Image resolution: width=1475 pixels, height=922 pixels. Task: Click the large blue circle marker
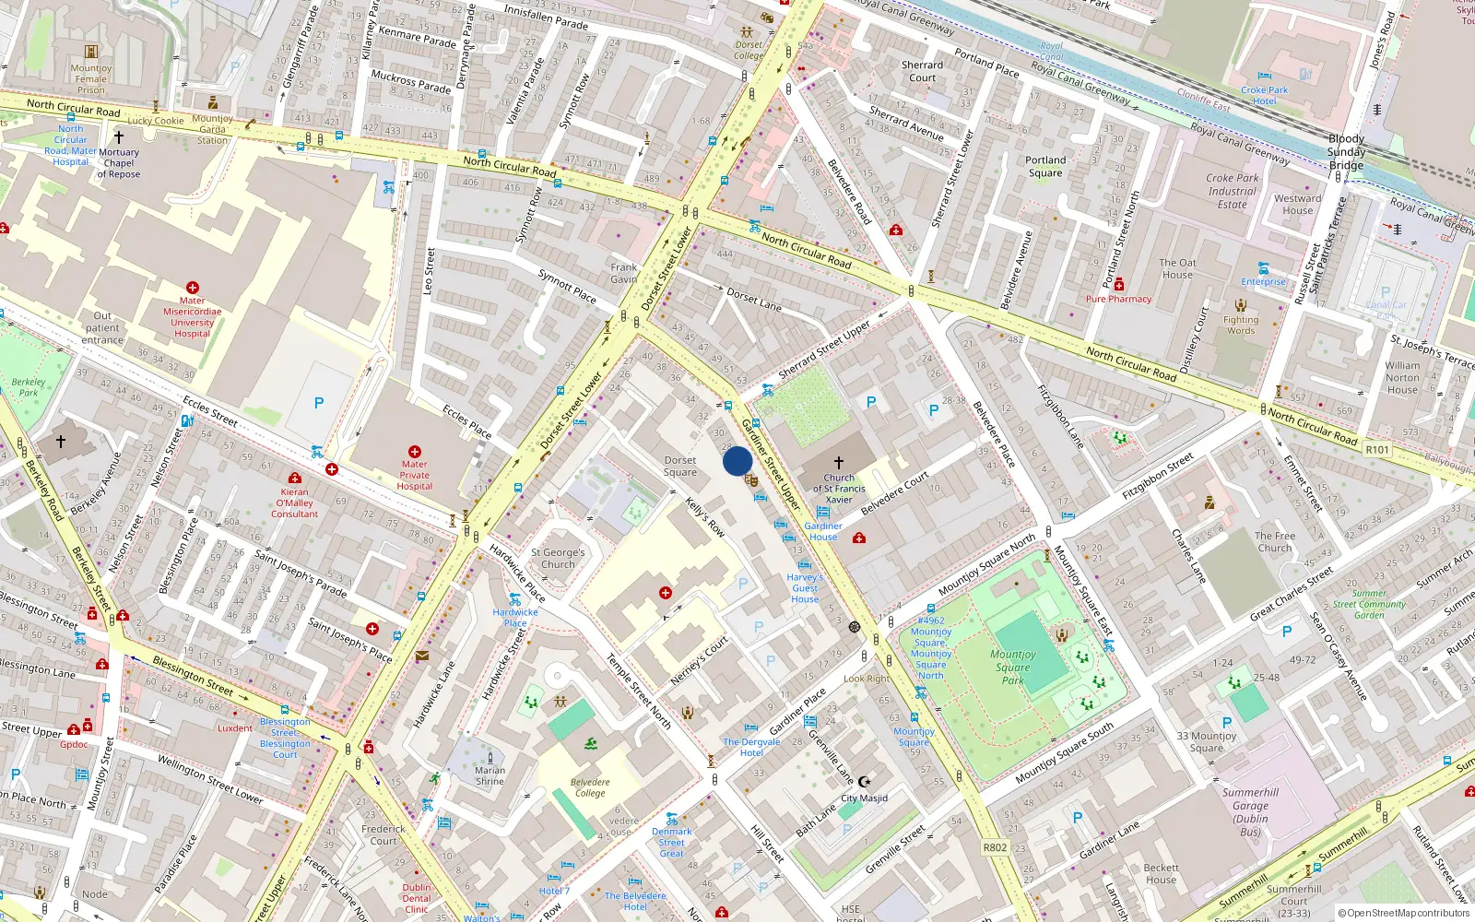point(737,461)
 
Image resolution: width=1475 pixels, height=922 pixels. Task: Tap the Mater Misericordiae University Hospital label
point(192,317)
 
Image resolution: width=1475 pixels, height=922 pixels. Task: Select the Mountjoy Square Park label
point(1013,667)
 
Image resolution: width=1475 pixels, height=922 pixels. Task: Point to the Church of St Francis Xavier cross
point(838,463)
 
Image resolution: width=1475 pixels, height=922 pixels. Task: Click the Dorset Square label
point(680,467)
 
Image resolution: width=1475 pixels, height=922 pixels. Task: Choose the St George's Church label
point(558,559)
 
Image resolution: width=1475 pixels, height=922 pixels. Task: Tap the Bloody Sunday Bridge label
point(1346,152)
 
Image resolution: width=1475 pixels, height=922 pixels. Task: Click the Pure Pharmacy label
point(1118,299)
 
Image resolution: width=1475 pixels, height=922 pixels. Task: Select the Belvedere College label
point(590,787)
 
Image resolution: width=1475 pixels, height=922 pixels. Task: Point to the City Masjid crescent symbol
point(864,782)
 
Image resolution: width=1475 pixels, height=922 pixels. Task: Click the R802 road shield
point(995,847)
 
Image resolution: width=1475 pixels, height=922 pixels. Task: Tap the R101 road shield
point(1377,450)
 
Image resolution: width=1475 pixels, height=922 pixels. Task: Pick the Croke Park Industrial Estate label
point(1233,191)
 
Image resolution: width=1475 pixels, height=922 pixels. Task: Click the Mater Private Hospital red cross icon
point(415,452)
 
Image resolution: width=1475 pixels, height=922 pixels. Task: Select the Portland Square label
point(1045,166)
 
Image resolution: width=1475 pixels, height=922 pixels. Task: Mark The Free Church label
point(1275,541)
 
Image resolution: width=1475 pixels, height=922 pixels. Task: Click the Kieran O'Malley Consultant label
point(295,503)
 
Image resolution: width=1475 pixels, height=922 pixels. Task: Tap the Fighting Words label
point(1241,325)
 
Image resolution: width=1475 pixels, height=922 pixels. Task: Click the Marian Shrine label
point(490,775)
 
